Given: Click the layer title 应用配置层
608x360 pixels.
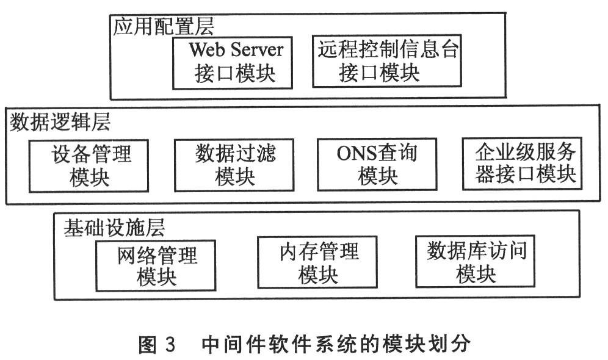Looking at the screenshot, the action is tap(163, 27).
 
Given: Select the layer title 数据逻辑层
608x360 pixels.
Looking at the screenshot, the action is tap(60, 122).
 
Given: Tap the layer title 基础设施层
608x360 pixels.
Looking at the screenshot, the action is tap(114, 228).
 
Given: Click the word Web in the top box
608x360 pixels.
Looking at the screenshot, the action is tap(204, 49).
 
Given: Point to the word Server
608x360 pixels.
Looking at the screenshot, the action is tap(257, 49).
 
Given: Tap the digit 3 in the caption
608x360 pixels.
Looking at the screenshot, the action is tap(170, 344).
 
